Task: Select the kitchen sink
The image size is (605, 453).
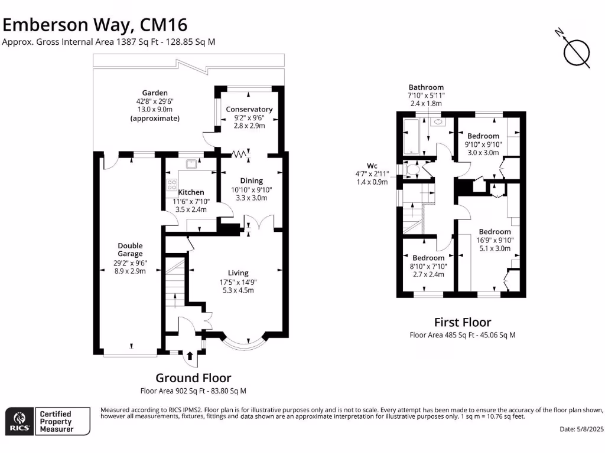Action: tap(191, 164)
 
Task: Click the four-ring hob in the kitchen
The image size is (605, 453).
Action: tap(172, 185)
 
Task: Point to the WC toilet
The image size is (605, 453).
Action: tap(412, 169)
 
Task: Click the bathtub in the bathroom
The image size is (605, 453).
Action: tap(411, 136)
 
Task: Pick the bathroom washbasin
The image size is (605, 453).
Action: tap(438, 122)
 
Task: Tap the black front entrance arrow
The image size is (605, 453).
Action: tap(190, 356)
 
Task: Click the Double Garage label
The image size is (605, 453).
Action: tap(130, 250)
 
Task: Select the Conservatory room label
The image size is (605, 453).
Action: tap(249, 109)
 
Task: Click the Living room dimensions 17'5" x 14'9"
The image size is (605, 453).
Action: tap(238, 282)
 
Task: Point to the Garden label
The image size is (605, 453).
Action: tap(155, 93)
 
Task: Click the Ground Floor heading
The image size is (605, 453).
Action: tap(193, 378)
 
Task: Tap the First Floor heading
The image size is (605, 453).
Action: tap(463, 322)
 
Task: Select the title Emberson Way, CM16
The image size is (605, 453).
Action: tap(95, 25)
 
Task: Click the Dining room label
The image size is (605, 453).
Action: tap(252, 180)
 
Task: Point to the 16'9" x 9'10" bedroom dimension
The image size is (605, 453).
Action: tap(495, 240)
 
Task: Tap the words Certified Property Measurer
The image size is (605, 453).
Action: tap(56, 421)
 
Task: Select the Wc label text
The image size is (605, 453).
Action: tap(372, 166)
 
